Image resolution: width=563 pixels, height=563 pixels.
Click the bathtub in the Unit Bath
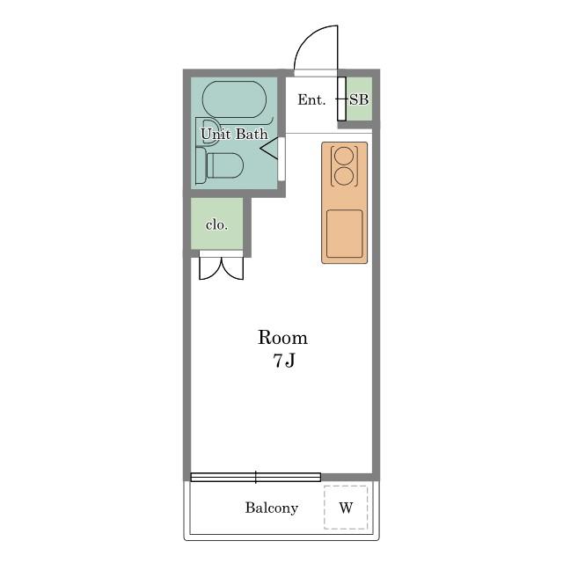click(235, 99)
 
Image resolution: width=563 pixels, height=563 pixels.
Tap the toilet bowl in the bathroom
click(225, 165)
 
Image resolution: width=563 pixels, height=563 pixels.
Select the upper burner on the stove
click(344, 156)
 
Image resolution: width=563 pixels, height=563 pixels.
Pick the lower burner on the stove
click(344, 176)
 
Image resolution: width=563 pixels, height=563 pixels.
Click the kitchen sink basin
click(344, 234)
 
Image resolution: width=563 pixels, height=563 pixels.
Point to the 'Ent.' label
click(311, 99)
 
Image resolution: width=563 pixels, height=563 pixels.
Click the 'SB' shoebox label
click(359, 99)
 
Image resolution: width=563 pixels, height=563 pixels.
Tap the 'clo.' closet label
click(217, 225)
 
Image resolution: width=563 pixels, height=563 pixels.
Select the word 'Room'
click(283, 338)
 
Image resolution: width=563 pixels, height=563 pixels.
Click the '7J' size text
click(284, 361)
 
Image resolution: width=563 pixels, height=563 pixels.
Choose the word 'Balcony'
click(272, 508)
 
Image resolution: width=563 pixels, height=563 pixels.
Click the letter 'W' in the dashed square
click(346, 508)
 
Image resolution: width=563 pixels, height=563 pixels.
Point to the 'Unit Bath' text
click(235, 135)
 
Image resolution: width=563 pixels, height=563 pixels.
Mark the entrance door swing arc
click(306, 38)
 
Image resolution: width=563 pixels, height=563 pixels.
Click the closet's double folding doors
click(221, 268)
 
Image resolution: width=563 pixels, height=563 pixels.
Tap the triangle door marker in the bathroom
click(269, 148)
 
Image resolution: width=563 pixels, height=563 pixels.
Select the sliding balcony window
click(256, 477)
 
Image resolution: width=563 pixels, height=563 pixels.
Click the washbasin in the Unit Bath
click(208, 132)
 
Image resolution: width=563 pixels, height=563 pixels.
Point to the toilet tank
click(201, 165)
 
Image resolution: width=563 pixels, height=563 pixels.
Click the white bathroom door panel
click(281, 159)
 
